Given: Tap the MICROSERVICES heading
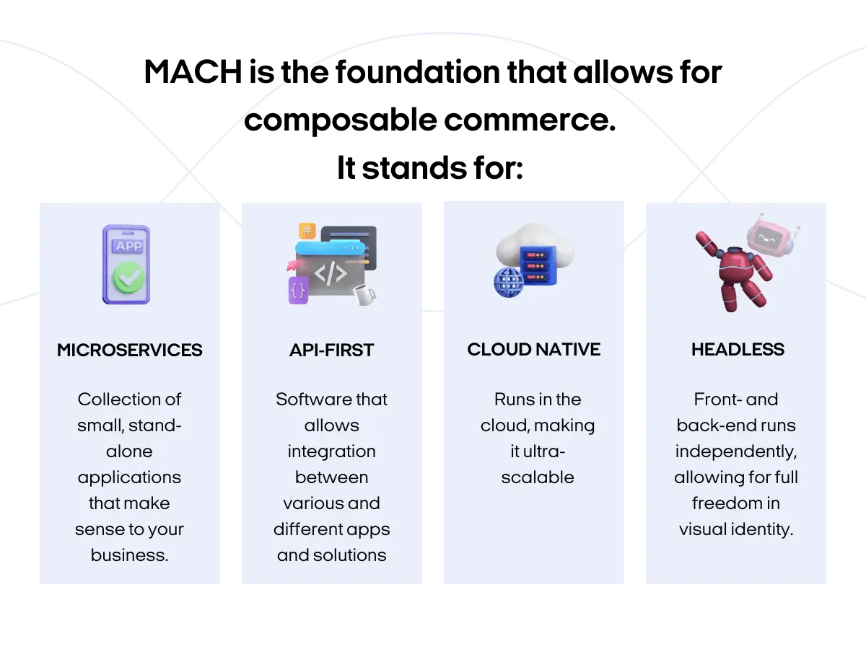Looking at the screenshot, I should point(130,350).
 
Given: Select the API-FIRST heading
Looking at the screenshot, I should point(331,350).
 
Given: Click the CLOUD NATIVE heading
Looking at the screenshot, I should point(533,350).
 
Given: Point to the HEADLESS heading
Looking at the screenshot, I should point(738,350).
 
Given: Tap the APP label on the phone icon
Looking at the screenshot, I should point(128,246).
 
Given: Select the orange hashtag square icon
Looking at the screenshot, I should point(308,231).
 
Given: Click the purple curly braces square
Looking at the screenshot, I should point(299,290).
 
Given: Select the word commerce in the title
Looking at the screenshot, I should point(530,120).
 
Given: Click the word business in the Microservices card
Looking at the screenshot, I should point(129,555).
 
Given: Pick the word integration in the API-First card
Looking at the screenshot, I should point(331,451).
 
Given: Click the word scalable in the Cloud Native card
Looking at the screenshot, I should point(538,477).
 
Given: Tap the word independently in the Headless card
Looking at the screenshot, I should point(735,451).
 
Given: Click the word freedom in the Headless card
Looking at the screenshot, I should point(735,503).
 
